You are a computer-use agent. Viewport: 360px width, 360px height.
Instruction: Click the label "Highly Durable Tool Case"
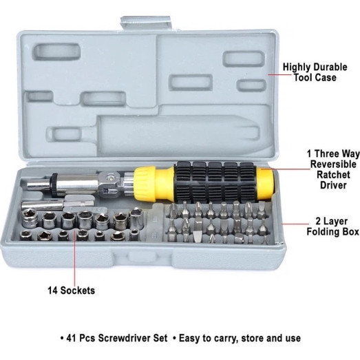tap(315, 72)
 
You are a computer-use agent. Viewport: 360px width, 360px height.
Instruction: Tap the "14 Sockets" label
tap(71, 290)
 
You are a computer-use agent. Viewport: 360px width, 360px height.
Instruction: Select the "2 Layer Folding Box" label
tap(333, 226)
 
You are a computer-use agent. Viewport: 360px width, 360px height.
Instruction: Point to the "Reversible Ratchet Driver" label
tap(333, 175)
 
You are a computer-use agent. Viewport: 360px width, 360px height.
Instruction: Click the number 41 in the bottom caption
tap(71, 338)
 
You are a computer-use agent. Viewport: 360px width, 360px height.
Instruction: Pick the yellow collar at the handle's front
tap(153, 184)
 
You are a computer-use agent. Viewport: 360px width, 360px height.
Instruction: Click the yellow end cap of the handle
tap(265, 184)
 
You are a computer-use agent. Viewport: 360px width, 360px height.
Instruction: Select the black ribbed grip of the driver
tap(215, 182)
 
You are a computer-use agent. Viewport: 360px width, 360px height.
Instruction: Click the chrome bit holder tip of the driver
tap(39, 185)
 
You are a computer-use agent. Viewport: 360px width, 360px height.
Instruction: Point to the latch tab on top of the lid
tap(146, 23)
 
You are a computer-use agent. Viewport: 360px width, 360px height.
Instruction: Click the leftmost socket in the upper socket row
tap(30, 218)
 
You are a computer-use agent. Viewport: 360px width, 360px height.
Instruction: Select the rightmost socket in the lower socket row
tap(134, 235)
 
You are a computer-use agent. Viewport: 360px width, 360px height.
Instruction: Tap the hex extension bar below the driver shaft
tap(58, 204)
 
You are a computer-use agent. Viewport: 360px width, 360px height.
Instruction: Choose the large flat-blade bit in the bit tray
tap(198, 230)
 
